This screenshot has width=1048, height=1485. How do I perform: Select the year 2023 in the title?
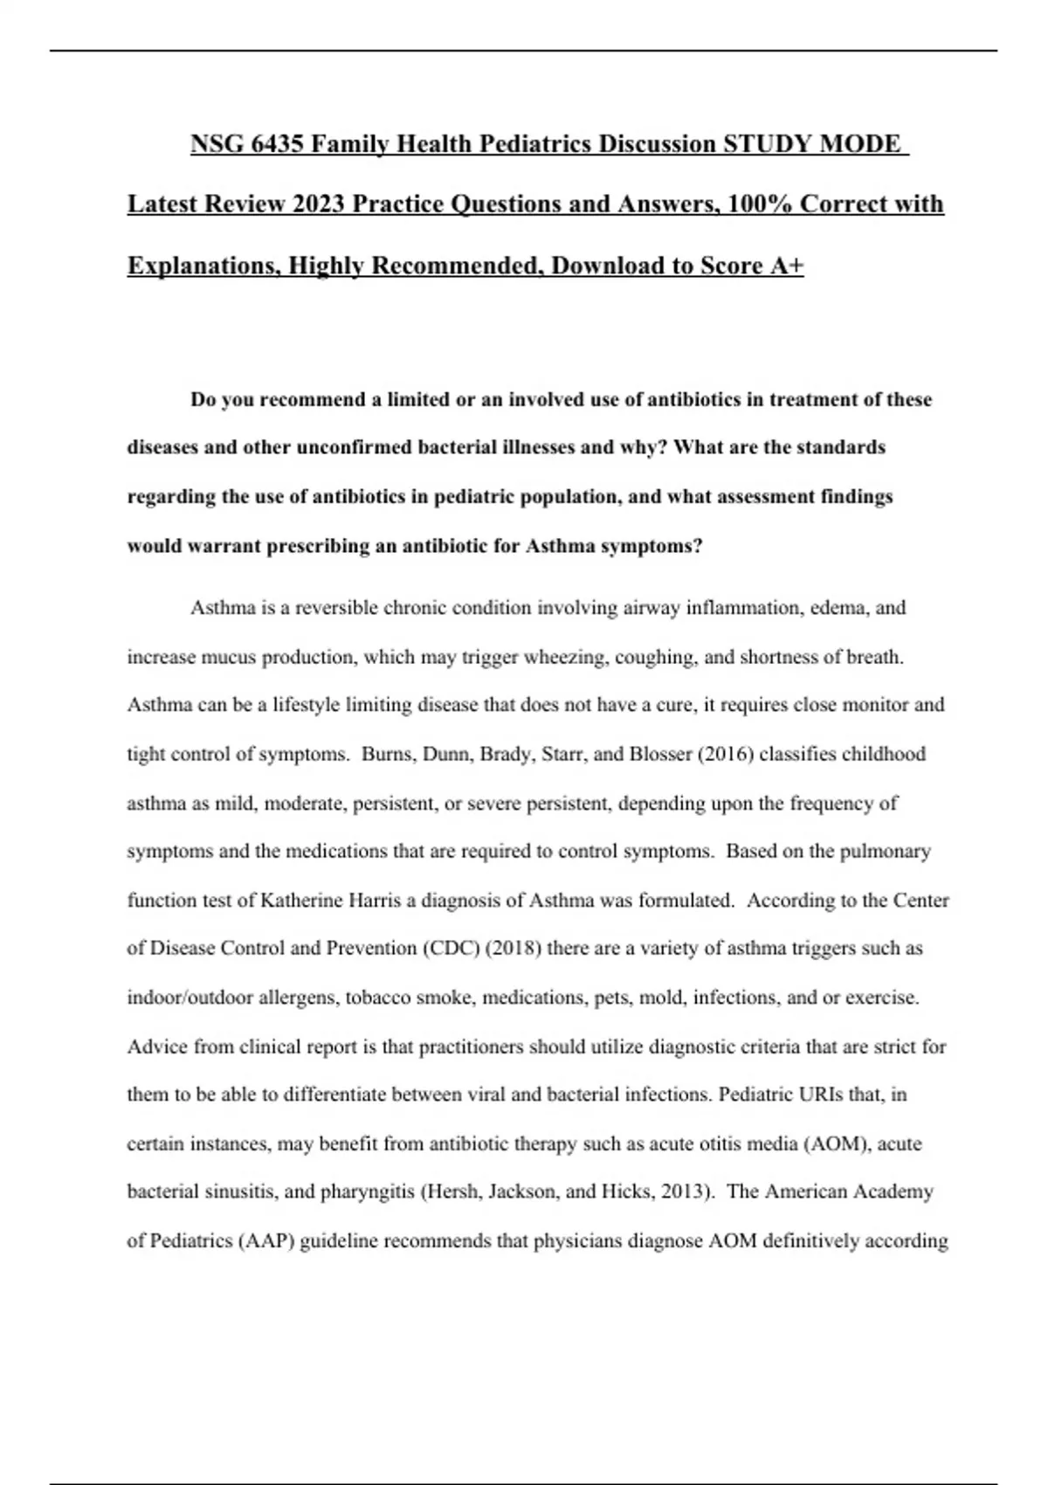[319, 204]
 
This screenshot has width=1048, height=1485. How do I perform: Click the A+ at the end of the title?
[786, 265]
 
